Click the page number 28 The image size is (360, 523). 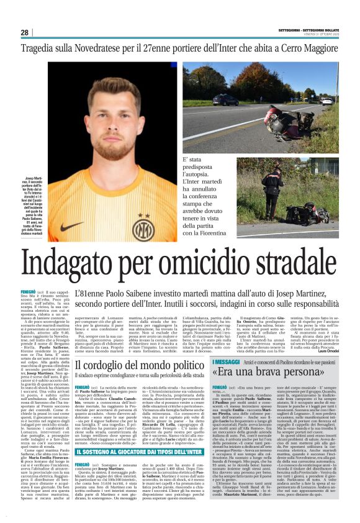tap(24, 32)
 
